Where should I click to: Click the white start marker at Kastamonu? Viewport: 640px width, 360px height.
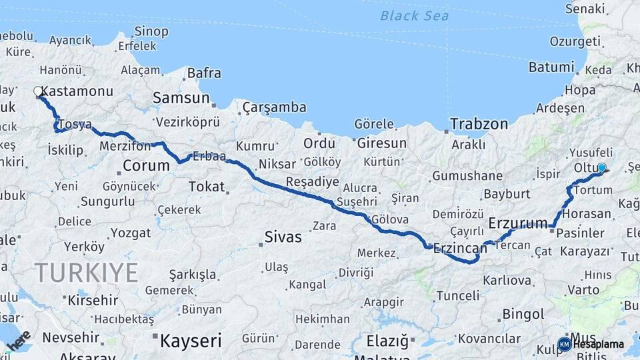click(x=38, y=91)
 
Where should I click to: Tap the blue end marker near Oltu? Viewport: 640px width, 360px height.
click(x=601, y=167)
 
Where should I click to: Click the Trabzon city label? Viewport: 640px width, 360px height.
click(x=479, y=124)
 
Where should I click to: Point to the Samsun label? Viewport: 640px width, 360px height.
click(x=181, y=98)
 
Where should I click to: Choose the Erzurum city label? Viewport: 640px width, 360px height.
click(x=518, y=222)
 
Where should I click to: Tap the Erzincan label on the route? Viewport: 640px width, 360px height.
click(x=460, y=248)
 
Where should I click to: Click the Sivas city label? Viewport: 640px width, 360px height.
click(x=283, y=237)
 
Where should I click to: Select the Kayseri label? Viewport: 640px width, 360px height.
click(x=190, y=341)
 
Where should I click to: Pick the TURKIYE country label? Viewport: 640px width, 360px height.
click(x=87, y=273)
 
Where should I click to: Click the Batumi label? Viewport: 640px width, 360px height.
click(x=551, y=67)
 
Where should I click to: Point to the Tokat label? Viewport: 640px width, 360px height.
click(x=207, y=187)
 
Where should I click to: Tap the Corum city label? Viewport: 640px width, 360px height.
click(x=146, y=165)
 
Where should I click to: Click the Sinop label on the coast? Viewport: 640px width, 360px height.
click(x=151, y=31)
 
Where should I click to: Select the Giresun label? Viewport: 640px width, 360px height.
click(x=381, y=143)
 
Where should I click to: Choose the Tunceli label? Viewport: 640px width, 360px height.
click(x=457, y=295)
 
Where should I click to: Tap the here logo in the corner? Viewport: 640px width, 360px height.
click(x=19, y=340)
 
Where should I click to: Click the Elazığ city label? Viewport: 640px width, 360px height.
click(x=387, y=341)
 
